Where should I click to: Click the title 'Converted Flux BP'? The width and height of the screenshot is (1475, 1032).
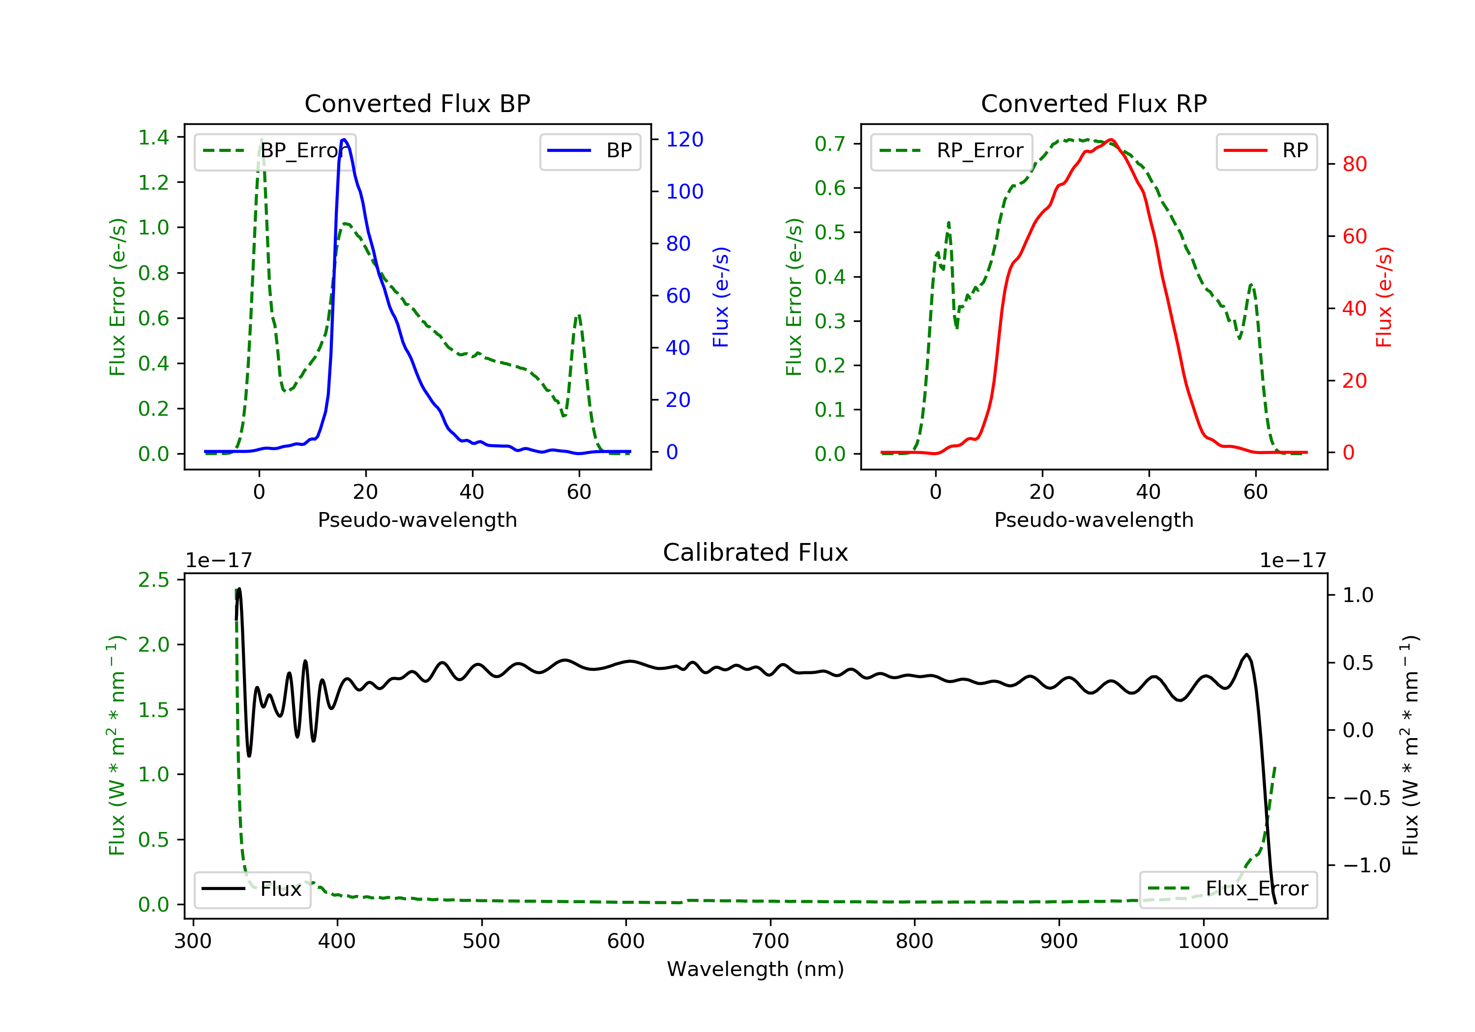click(417, 103)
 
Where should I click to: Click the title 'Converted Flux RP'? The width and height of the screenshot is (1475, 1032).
click(1093, 103)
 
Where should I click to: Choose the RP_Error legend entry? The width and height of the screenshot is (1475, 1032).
click(951, 151)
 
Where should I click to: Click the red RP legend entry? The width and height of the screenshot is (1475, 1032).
click(1266, 151)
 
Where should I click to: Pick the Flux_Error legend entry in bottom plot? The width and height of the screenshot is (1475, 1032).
click(1228, 889)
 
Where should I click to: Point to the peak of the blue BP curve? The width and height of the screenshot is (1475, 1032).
click(344, 140)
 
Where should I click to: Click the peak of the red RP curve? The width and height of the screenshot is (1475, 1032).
click(1111, 140)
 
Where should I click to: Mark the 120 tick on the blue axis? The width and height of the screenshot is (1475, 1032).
click(684, 140)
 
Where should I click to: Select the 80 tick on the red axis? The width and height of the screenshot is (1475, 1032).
click(1354, 165)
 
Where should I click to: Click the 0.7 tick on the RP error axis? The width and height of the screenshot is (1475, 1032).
click(830, 144)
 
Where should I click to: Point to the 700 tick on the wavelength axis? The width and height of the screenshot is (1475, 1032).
click(770, 942)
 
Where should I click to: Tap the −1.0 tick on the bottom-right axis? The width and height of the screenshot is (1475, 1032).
click(1366, 866)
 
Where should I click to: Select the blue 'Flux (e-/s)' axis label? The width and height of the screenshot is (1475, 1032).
click(721, 297)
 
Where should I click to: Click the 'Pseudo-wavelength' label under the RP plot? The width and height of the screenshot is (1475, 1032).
click(1093, 520)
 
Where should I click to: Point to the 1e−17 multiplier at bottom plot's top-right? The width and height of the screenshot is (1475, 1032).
click(1293, 561)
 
